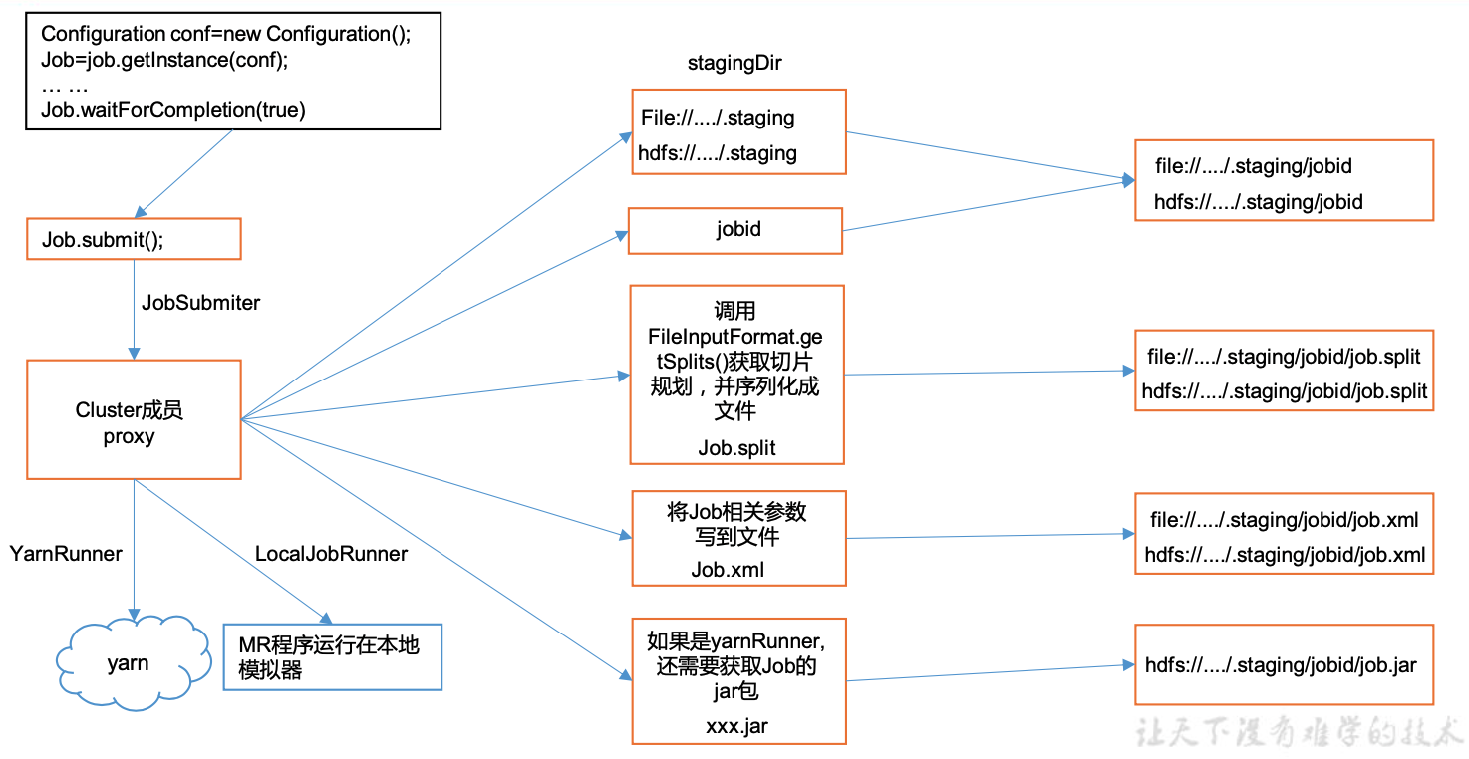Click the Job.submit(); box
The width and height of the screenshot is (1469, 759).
pos(134,240)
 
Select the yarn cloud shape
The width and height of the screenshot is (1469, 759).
pos(131,662)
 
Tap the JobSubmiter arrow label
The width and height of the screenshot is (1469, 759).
pos(200,303)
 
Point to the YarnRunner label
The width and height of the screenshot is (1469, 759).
pos(66,554)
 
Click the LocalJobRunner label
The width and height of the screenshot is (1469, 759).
pos(331,554)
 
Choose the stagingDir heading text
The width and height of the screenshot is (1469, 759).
pos(734,64)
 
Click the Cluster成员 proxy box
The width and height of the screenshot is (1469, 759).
pos(134,419)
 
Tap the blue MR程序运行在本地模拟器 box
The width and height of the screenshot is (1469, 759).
pos(332,656)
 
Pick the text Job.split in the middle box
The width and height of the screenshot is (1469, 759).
pos(736,448)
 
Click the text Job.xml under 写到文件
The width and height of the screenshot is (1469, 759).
pos(728,570)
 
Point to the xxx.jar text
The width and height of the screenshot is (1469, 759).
pos(736,725)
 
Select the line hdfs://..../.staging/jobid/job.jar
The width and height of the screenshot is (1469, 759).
pos(1283,665)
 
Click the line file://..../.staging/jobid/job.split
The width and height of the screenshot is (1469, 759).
pos(1284,357)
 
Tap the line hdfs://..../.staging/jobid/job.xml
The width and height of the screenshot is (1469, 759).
pos(1285,555)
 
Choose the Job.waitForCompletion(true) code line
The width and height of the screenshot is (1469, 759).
pos(173,110)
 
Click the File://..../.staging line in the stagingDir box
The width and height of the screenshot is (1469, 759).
pos(718,118)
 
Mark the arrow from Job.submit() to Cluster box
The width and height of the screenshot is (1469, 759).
pos(134,309)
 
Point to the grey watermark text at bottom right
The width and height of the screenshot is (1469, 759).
pos(1300,732)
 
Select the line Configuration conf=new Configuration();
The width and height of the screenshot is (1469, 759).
pos(225,34)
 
